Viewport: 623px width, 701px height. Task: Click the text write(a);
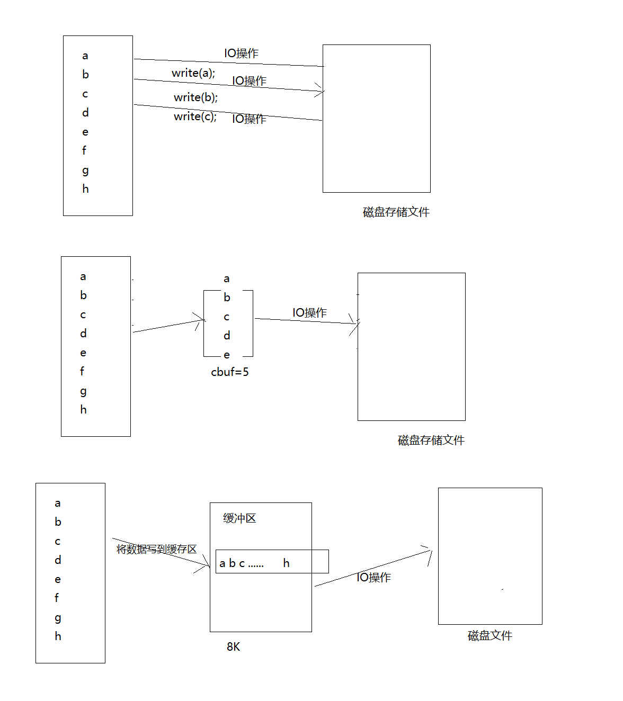(193, 73)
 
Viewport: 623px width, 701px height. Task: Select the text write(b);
(195, 97)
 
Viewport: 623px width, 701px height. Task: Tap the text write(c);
(195, 116)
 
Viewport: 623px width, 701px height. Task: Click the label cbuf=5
(230, 372)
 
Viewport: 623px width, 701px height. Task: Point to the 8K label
(233, 647)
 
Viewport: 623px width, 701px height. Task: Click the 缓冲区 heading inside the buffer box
(239, 518)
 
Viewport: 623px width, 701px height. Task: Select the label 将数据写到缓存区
(156, 550)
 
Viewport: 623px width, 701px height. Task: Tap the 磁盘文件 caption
(490, 636)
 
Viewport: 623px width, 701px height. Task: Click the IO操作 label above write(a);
(241, 53)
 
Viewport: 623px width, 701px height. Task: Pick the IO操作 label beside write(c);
(249, 119)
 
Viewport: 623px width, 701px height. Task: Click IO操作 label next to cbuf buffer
(309, 313)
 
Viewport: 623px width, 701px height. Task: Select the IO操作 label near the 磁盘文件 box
(373, 578)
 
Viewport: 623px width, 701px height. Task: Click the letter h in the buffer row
(286, 563)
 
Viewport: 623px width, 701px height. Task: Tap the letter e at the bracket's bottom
(227, 355)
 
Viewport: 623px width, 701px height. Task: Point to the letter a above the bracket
(227, 279)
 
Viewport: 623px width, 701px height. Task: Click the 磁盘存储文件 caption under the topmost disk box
(396, 212)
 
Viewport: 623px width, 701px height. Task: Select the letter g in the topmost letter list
(85, 170)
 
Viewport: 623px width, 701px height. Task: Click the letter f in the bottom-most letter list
(57, 598)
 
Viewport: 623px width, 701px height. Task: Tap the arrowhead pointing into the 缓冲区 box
(207, 565)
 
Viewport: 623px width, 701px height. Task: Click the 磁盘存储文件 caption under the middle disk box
(431, 441)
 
